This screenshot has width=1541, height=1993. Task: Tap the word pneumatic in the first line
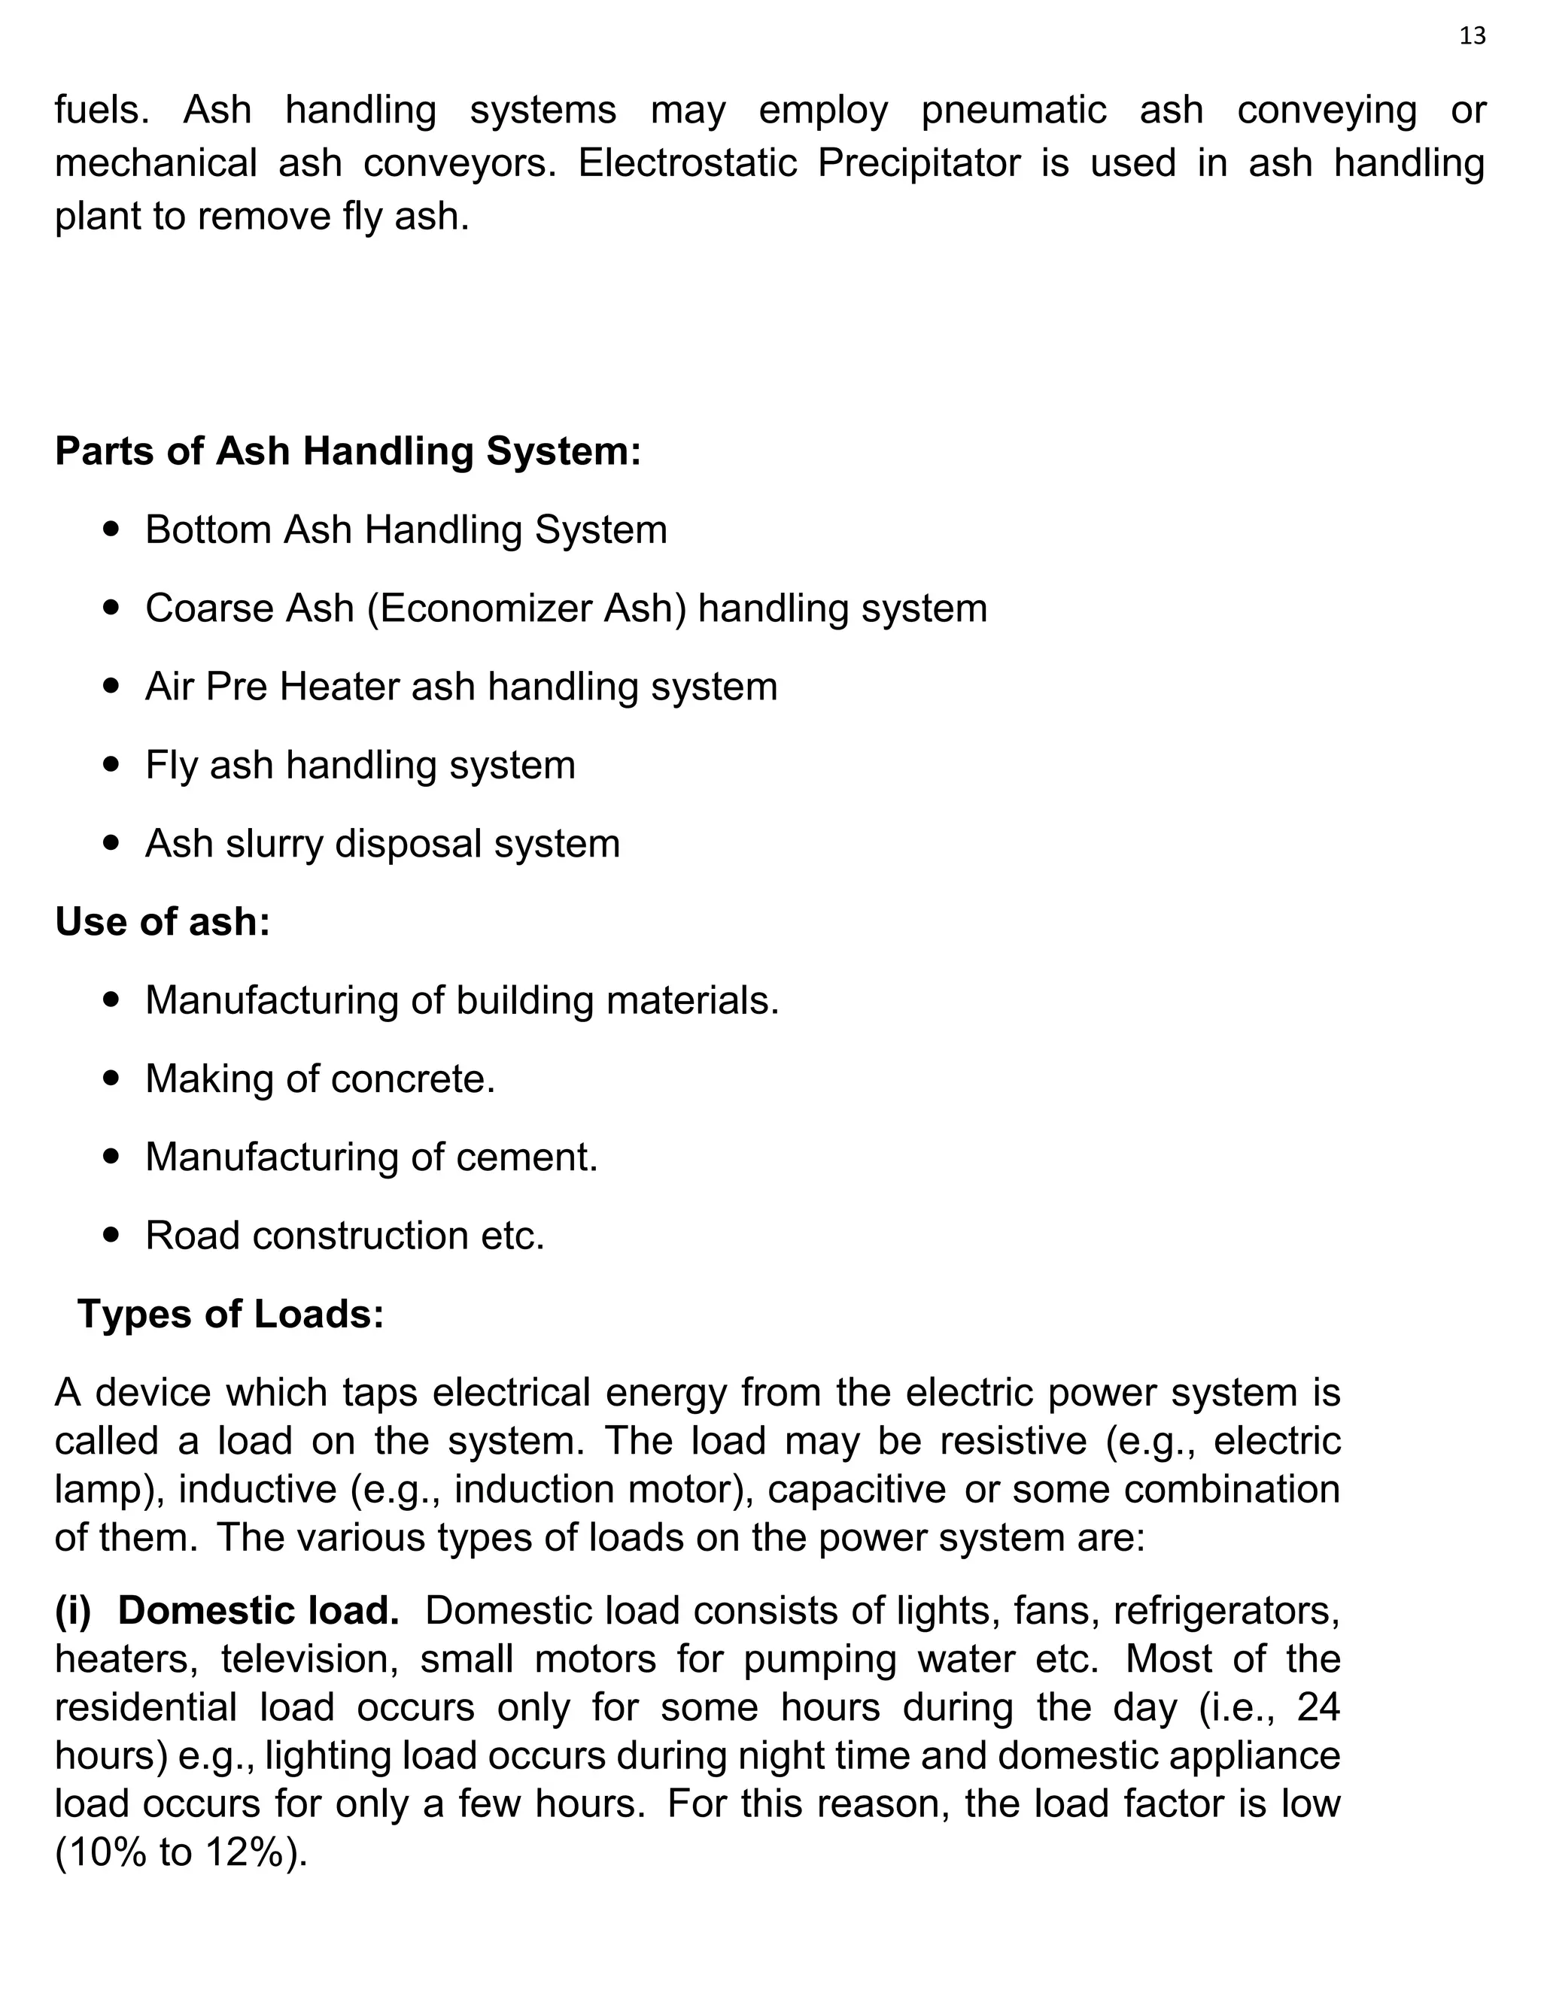click(1013, 111)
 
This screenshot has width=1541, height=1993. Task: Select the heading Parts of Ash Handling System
click(348, 450)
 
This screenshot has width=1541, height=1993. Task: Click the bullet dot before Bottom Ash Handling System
click(112, 529)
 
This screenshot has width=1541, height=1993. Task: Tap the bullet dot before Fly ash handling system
click(112, 764)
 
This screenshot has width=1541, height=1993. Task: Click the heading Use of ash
click(163, 922)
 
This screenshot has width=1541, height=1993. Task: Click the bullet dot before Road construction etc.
click(112, 1235)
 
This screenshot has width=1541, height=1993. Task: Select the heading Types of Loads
click(230, 1314)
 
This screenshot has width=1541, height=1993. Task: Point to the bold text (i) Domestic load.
click(227, 1611)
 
